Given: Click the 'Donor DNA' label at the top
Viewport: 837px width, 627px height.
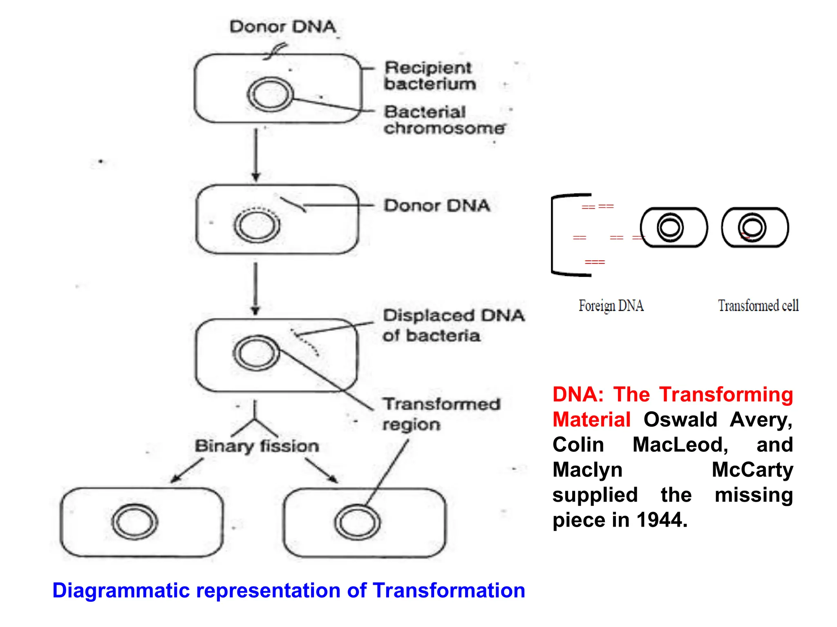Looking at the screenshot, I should pos(282,27).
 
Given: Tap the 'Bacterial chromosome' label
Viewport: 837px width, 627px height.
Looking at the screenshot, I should pos(444,120).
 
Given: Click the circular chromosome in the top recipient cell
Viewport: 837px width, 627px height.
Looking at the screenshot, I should pos(270,94).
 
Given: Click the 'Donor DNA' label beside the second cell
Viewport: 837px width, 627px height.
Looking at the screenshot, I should pos(436,205).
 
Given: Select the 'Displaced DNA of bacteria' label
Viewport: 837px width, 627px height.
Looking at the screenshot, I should pos(453,325).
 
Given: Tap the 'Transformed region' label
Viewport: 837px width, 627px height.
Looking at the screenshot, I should pos(441,414).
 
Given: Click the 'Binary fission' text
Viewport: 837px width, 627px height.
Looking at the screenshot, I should pos(257,446).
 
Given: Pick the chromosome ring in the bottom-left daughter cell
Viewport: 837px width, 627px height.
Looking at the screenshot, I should pos(134,522).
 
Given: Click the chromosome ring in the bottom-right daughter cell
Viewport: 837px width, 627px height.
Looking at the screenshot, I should pos(357,522).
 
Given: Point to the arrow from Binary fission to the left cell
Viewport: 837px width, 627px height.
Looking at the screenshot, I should pos(186,471).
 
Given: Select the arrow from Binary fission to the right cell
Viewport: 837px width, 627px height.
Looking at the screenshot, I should pos(322,471).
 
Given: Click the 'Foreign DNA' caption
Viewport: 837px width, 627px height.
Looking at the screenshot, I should pos(611,305).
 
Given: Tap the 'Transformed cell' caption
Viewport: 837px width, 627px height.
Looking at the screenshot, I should pos(758,305).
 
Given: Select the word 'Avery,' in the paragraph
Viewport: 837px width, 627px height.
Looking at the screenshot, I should pos(761,420).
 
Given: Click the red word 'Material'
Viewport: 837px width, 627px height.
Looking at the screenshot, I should pos(591,420).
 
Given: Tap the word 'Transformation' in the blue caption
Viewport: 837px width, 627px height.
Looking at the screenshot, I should pos(449,590).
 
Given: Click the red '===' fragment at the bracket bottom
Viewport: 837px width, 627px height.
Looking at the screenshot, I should pos(595,262).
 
